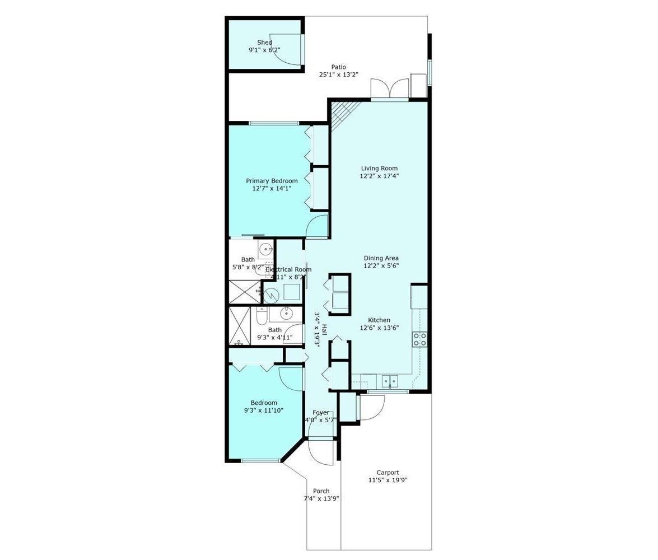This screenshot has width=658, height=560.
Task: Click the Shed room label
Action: point(264,43)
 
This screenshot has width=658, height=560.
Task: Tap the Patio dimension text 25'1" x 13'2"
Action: point(338,74)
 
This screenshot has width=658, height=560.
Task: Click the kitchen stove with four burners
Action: point(419,339)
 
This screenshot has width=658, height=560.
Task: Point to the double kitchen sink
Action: point(390,381)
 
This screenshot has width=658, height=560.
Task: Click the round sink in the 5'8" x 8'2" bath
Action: point(266,248)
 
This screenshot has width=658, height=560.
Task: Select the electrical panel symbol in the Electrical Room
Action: point(291,292)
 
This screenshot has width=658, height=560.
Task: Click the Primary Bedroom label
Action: point(272,181)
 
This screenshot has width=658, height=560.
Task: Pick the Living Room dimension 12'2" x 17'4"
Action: point(379,176)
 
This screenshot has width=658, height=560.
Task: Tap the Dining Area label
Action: point(381,258)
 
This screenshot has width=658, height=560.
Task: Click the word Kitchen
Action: point(379,320)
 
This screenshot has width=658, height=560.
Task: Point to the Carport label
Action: point(388,473)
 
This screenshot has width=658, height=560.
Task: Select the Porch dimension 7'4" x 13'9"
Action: point(321,498)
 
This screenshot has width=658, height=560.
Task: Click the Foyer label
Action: point(321,413)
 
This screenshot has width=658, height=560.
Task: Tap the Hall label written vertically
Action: point(324,330)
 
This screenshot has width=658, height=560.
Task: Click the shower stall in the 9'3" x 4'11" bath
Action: point(239,326)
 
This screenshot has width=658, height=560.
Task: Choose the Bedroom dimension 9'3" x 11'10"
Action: point(264,410)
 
